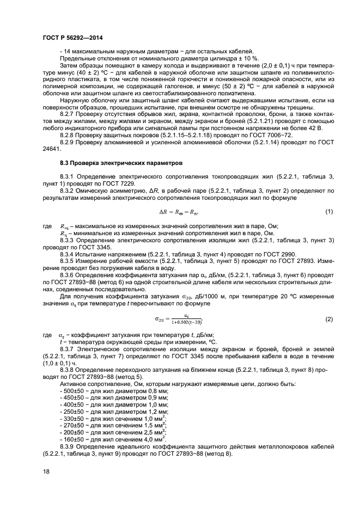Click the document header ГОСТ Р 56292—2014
tap(73, 38)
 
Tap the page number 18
tap(46, 471)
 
